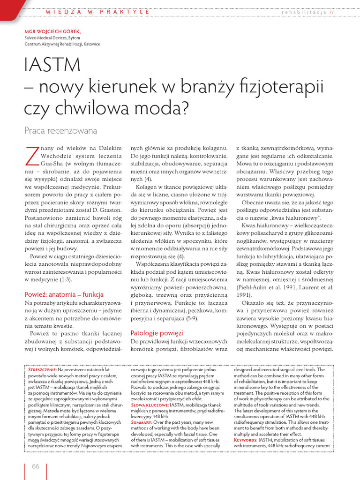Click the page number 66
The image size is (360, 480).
35,465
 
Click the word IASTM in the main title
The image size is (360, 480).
51,66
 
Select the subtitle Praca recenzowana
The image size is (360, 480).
60,130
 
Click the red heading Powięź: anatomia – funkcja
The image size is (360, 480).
64,294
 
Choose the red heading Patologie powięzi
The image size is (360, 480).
157,333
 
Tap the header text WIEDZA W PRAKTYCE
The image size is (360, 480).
97,11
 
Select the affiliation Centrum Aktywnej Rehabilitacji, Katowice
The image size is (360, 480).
62,44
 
